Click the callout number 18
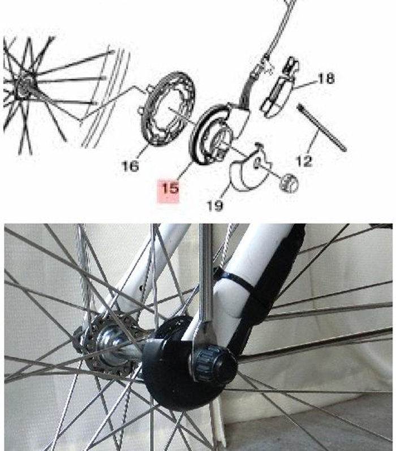326,78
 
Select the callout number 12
304,161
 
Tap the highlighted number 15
170,188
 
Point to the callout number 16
130,166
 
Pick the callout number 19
215,205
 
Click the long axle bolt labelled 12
322,127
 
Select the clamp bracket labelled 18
278,88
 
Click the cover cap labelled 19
249,167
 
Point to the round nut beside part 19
289,183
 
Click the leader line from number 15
185,171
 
